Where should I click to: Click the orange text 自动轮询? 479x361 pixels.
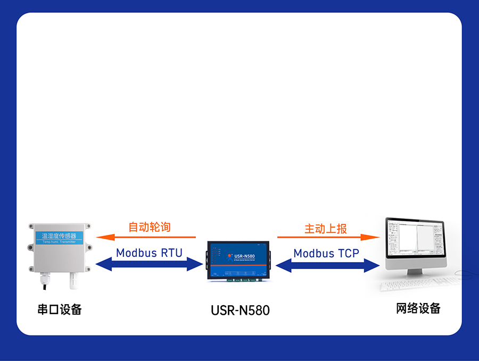[x=150, y=227]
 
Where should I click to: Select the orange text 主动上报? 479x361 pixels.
[x=326, y=229]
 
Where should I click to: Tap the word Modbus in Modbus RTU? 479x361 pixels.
[x=134, y=253]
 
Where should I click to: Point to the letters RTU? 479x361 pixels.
[x=171, y=253]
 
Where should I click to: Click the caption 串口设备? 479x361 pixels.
[x=60, y=309]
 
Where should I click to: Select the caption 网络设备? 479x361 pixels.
[x=418, y=308]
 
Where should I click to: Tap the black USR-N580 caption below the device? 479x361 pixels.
[x=240, y=310]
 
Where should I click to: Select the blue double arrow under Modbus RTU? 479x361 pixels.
[x=150, y=264]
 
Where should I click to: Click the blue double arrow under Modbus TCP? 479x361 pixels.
[x=327, y=265]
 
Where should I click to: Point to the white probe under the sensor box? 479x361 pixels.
[x=72, y=280]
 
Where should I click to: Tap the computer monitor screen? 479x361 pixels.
[x=414, y=242]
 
